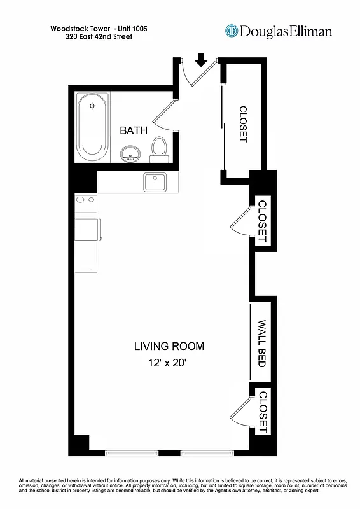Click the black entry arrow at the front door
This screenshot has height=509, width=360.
click(x=202, y=60)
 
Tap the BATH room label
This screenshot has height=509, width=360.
click(x=134, y=130)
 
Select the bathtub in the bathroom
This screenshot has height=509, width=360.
click(x=93, y=126)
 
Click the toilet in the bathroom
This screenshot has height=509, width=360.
click(x=159, y=148)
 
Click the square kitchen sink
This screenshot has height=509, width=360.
click(x=155, y=181)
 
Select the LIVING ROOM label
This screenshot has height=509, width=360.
click(x=169, y=347)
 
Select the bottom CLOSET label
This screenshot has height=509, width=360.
click(x=262, y=412)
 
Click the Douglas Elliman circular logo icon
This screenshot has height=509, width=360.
click(x=232, y=31)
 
